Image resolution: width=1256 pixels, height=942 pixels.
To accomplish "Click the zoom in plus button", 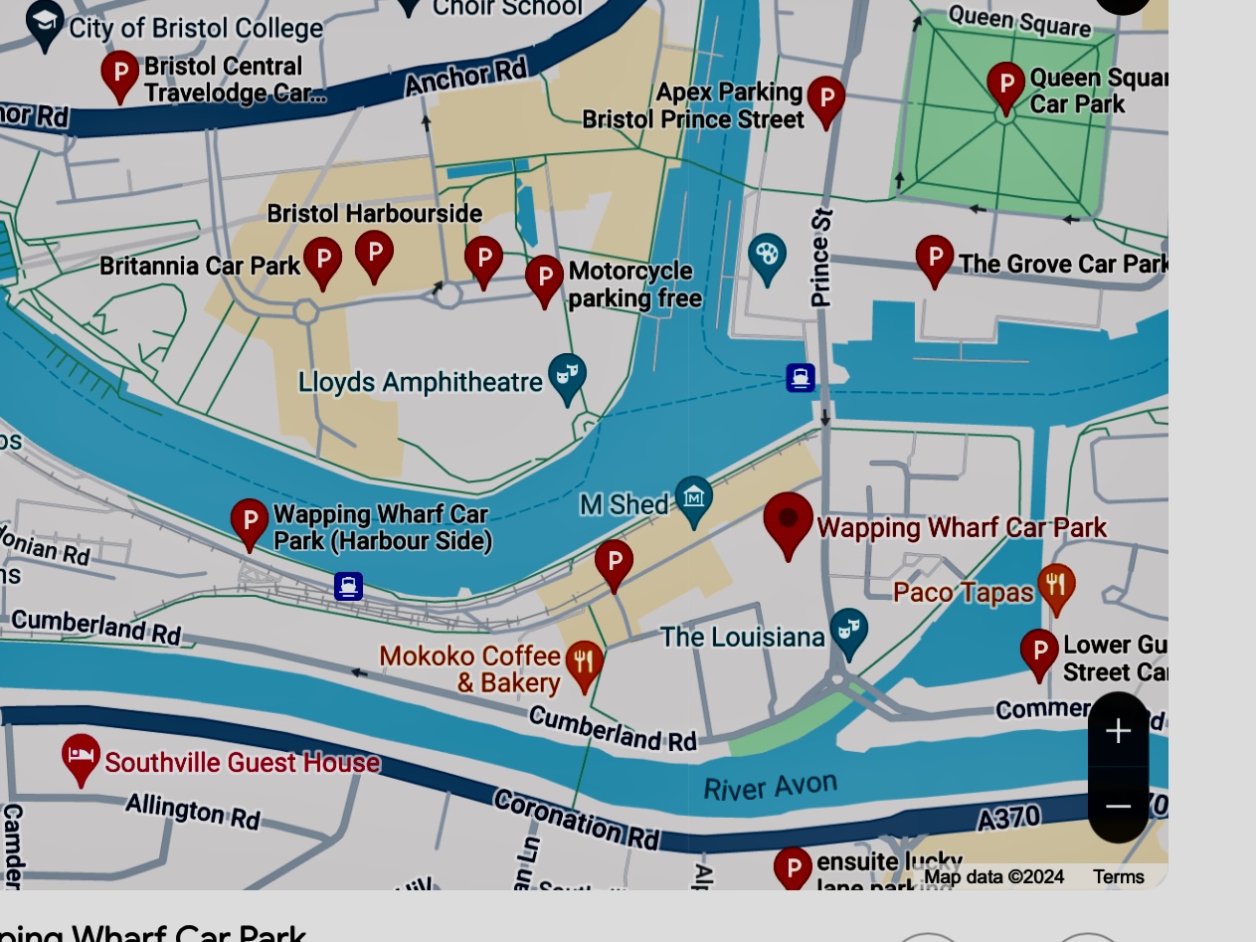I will coord(1118,731).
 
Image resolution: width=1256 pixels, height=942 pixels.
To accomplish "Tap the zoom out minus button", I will coord(1118,806).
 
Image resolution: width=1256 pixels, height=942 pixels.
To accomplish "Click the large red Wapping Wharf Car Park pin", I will coord(788,522).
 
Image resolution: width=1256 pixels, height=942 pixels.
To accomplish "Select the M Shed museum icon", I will coord(693,498).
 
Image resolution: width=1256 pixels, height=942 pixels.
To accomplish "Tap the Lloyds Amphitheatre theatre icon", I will coord(567,376).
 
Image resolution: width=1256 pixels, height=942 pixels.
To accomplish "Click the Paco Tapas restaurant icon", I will coord(1056,587).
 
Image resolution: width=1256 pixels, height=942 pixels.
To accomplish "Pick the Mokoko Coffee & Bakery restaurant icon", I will coord(584,663).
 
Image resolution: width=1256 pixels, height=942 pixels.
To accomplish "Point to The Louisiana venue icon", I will coord(848,631).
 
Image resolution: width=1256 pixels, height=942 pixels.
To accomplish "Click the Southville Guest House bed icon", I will coord(81,757).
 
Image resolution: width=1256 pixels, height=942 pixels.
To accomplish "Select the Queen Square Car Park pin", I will coord(1005,86).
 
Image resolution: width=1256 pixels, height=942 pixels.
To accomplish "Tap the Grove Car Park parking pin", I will coord(934,258).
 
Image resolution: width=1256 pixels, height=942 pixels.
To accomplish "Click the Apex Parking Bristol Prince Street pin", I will coord(825,99).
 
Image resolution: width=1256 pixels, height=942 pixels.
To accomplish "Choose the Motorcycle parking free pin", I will coord(544,278).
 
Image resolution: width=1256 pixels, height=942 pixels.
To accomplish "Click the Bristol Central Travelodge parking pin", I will coord(120,74).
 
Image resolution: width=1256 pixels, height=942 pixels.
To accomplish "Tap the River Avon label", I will coord(770,786).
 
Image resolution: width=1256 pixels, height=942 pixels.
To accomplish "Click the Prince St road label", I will coord(821,257).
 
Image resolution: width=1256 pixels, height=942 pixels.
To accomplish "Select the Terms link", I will coord(1118,876).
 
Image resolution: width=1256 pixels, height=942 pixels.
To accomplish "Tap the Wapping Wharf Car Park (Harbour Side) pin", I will coord(250,521).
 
